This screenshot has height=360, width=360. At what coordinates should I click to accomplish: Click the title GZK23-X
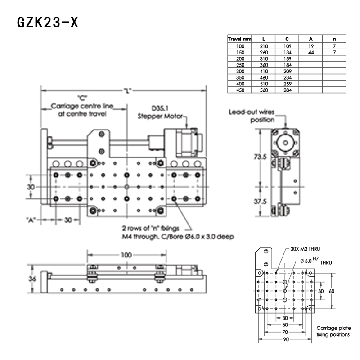click(48, 22)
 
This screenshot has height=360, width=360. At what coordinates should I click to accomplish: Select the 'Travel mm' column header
click(239, 39)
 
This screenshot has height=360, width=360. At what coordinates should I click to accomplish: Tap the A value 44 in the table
click(311, 52)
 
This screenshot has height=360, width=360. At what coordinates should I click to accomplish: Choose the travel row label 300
click(239, 71)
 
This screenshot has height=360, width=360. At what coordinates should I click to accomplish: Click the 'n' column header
click(334, 39)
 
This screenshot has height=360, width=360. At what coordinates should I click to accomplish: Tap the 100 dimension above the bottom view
click(126, 255)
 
